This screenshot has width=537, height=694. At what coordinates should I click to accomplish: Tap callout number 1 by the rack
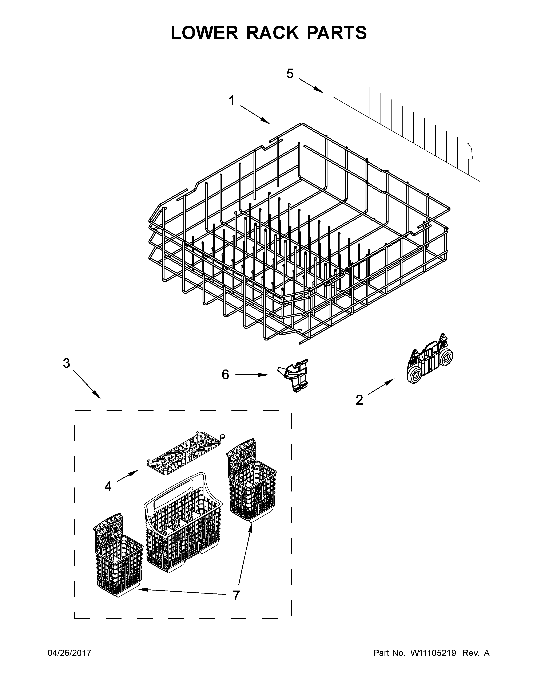coord(232,101)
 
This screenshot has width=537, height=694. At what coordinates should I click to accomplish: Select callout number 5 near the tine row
coord(290,74)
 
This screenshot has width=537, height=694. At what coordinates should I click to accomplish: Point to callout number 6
coord(225,375)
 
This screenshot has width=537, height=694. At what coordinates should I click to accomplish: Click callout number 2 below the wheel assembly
coord(359,400)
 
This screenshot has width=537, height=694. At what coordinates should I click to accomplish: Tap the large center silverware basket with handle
coord(183,527)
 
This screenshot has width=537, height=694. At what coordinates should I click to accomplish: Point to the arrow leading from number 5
coord(311,86)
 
